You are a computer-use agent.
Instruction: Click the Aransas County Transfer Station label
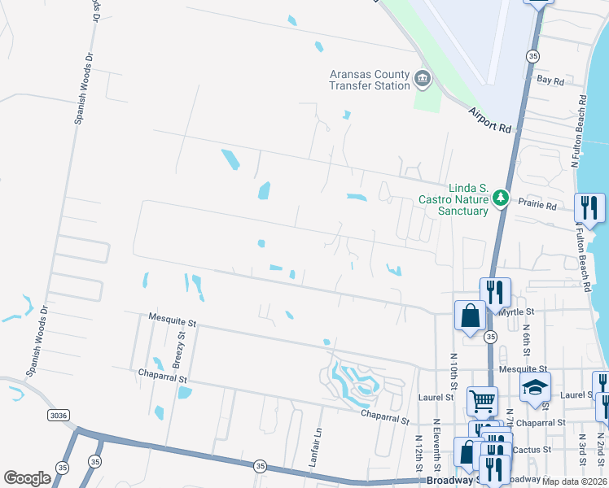click(369, 80)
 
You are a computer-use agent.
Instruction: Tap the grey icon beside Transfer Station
click(423, 79)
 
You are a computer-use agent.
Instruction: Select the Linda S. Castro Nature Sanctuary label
click(453, 198)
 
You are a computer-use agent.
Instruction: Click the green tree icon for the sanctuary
click(502, 198)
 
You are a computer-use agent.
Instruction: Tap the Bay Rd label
click(550, 81)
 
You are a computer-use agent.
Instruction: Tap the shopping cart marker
click(482, 399)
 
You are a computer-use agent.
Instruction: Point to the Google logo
click(27, 478)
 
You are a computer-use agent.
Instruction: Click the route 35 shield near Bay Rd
click(533, 56)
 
